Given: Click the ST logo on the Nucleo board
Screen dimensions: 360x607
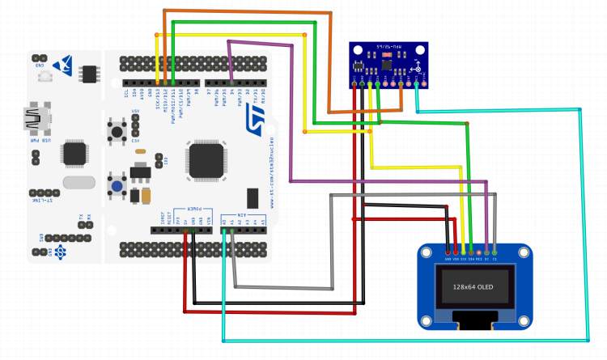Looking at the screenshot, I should pyautogui.click(x=252, y=114).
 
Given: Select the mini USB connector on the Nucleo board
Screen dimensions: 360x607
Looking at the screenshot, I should pyautogui.click(x=36, y=118).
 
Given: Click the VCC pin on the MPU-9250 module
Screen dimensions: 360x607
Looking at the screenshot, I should pyautogui.click(x=361, y=83).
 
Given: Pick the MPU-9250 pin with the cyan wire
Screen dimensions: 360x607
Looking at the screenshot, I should pyautogui.click(x=416, y=83).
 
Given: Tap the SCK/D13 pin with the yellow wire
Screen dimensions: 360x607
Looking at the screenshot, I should pyautogui.click(x=157, y=83).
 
